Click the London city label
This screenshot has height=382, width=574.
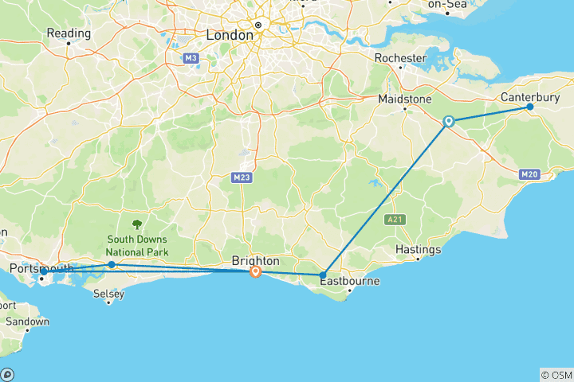(229, 35)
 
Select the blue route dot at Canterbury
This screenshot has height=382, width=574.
(530, 107)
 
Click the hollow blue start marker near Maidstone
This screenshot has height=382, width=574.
(449, 122)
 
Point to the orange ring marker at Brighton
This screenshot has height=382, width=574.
(255, 271)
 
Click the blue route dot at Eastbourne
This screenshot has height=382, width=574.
(322, 275)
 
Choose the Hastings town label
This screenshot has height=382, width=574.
(418, 250)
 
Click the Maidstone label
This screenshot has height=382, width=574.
(404, 99)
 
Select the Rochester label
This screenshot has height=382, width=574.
(400, 57)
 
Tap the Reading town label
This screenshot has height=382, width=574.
(69, 33)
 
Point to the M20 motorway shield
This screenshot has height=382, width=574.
(529, 174)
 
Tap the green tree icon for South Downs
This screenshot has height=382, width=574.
(136, 225)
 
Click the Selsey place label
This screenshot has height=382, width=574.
(108, 294)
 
